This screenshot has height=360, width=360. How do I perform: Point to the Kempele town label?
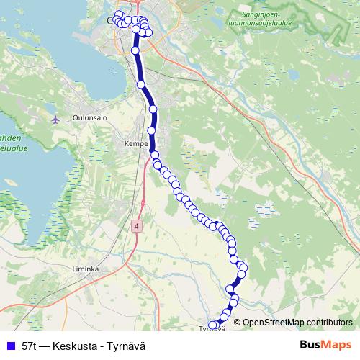(135, 143)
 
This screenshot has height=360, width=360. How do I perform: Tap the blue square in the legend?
(10, 346)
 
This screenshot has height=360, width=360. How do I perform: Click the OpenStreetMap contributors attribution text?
(297, 323)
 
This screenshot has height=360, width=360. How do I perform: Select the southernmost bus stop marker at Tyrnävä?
(213, 325)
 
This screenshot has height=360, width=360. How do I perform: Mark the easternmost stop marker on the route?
(243, 269)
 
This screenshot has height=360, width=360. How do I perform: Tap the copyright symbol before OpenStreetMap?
(237, 323)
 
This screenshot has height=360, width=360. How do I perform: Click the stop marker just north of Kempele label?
(152, 130)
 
